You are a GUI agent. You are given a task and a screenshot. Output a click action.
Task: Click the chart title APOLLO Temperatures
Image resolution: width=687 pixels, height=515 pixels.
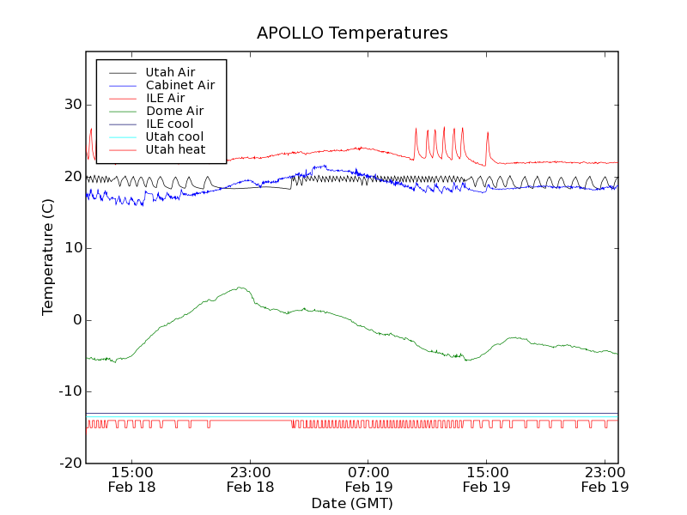(x=352, y=33)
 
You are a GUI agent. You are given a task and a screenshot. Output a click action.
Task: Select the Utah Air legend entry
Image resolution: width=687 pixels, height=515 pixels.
(x=170, y=72)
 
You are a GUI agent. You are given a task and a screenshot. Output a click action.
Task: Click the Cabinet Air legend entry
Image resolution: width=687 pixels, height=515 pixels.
(x=179, y=85)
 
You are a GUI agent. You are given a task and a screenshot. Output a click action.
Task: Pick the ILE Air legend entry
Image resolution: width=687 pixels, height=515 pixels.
(x=165, y=98)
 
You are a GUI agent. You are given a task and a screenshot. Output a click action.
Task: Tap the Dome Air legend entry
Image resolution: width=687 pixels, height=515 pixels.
(x=174, y=111)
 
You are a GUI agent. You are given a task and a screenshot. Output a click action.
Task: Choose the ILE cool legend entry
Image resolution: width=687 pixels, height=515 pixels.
(x=169, y=124)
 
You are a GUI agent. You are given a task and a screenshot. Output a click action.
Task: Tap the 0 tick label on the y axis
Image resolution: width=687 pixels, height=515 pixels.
(x=76, y=320)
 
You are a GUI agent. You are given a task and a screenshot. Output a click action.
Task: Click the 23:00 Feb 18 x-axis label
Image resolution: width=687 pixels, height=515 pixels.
(x=250, y=479)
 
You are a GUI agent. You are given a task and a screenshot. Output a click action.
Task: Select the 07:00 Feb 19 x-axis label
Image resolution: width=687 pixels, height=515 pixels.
(x=368, y=479)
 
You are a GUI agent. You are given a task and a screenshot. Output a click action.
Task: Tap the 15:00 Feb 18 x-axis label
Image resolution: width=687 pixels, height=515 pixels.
(x=132, y=479)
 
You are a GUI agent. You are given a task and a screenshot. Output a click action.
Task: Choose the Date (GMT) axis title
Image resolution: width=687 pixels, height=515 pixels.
(x=352, y=503)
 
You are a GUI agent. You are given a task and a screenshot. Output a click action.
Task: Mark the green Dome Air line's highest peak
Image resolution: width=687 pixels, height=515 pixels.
(x=240, y=288)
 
